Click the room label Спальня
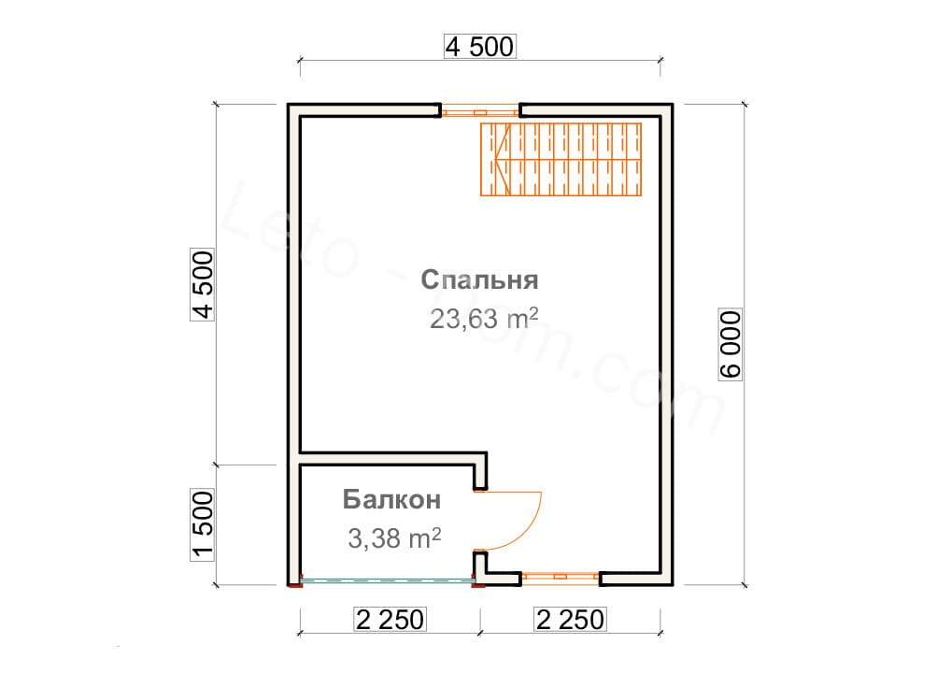480,279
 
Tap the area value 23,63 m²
484,318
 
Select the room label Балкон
391,499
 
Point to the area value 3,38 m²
394,537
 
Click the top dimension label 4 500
480,47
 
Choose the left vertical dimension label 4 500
203,284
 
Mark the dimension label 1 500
203,524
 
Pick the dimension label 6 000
731,344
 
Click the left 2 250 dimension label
390,620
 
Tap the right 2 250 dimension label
570,620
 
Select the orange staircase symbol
561,160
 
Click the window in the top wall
480,112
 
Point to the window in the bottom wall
561,576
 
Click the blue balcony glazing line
387,580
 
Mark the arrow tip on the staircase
496,160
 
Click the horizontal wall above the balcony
393,458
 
